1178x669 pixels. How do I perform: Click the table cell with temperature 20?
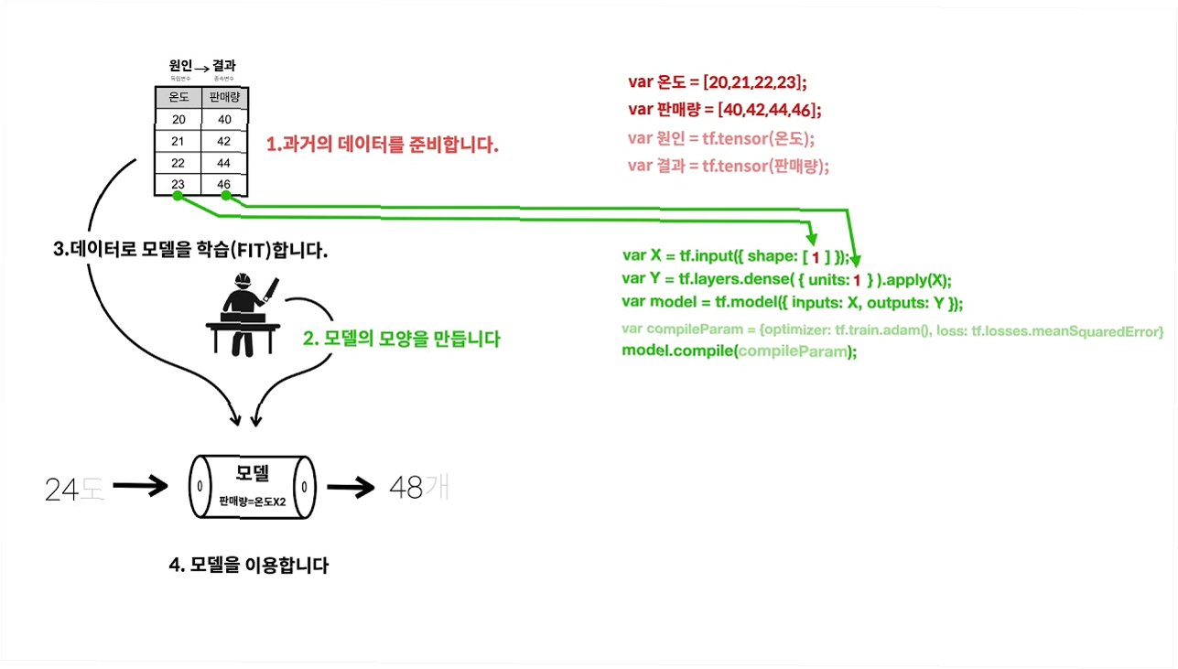point(178,119)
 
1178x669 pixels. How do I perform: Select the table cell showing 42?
point(224,141)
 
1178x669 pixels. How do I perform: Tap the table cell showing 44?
point(224,162)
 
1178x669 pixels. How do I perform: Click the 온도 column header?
point(178,98)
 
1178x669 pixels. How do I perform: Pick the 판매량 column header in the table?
point(224,98)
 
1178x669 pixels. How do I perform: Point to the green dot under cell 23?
point(178,196)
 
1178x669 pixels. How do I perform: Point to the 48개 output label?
point(419,487)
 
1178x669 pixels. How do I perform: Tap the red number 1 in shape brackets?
point(816,256)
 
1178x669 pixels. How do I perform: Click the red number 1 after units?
point(857,280)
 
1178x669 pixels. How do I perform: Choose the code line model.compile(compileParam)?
point(740,351)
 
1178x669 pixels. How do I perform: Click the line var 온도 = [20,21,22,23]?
point(717,81)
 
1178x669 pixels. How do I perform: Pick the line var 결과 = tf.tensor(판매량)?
point(729,166)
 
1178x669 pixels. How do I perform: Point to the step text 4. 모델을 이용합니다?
point(249,566)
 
